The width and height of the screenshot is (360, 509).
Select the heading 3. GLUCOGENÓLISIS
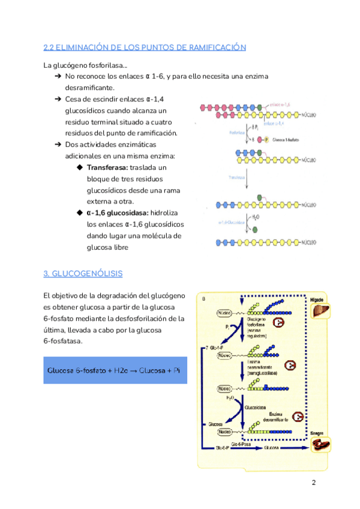click(x=83, y=274)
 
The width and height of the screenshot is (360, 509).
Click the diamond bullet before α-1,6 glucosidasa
click(x=79, y=212)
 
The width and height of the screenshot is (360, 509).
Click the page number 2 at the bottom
click(x=313, y=484)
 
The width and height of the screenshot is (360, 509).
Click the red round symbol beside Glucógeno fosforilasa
click(x=279, y=323)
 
